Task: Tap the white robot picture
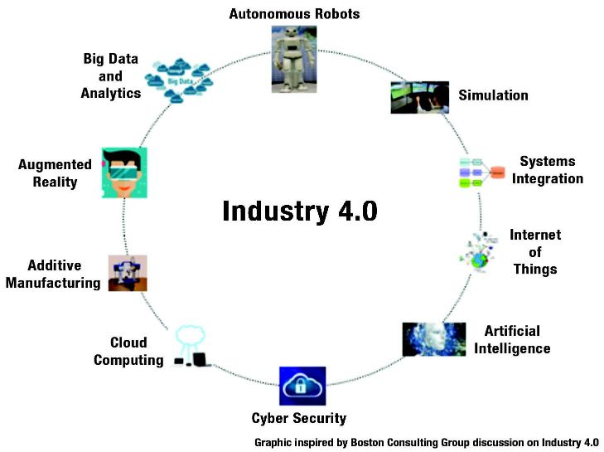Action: click(294, 58)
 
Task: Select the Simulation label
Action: click(493, 95)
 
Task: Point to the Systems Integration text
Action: click(547, 170)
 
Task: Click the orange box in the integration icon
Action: click(497, 173)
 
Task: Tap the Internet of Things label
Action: click(535, 252)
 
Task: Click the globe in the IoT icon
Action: click(480, 260)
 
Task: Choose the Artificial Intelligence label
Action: click(511, 339)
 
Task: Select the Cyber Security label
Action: click(299, 418)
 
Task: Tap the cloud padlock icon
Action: click(302, 386)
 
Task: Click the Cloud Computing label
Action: click(128, 351)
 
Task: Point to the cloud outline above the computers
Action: click(191, 336)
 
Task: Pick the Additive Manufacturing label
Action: click(54, 275)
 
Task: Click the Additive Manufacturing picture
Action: click(128, 273)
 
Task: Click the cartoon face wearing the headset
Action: click(124, 173)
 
